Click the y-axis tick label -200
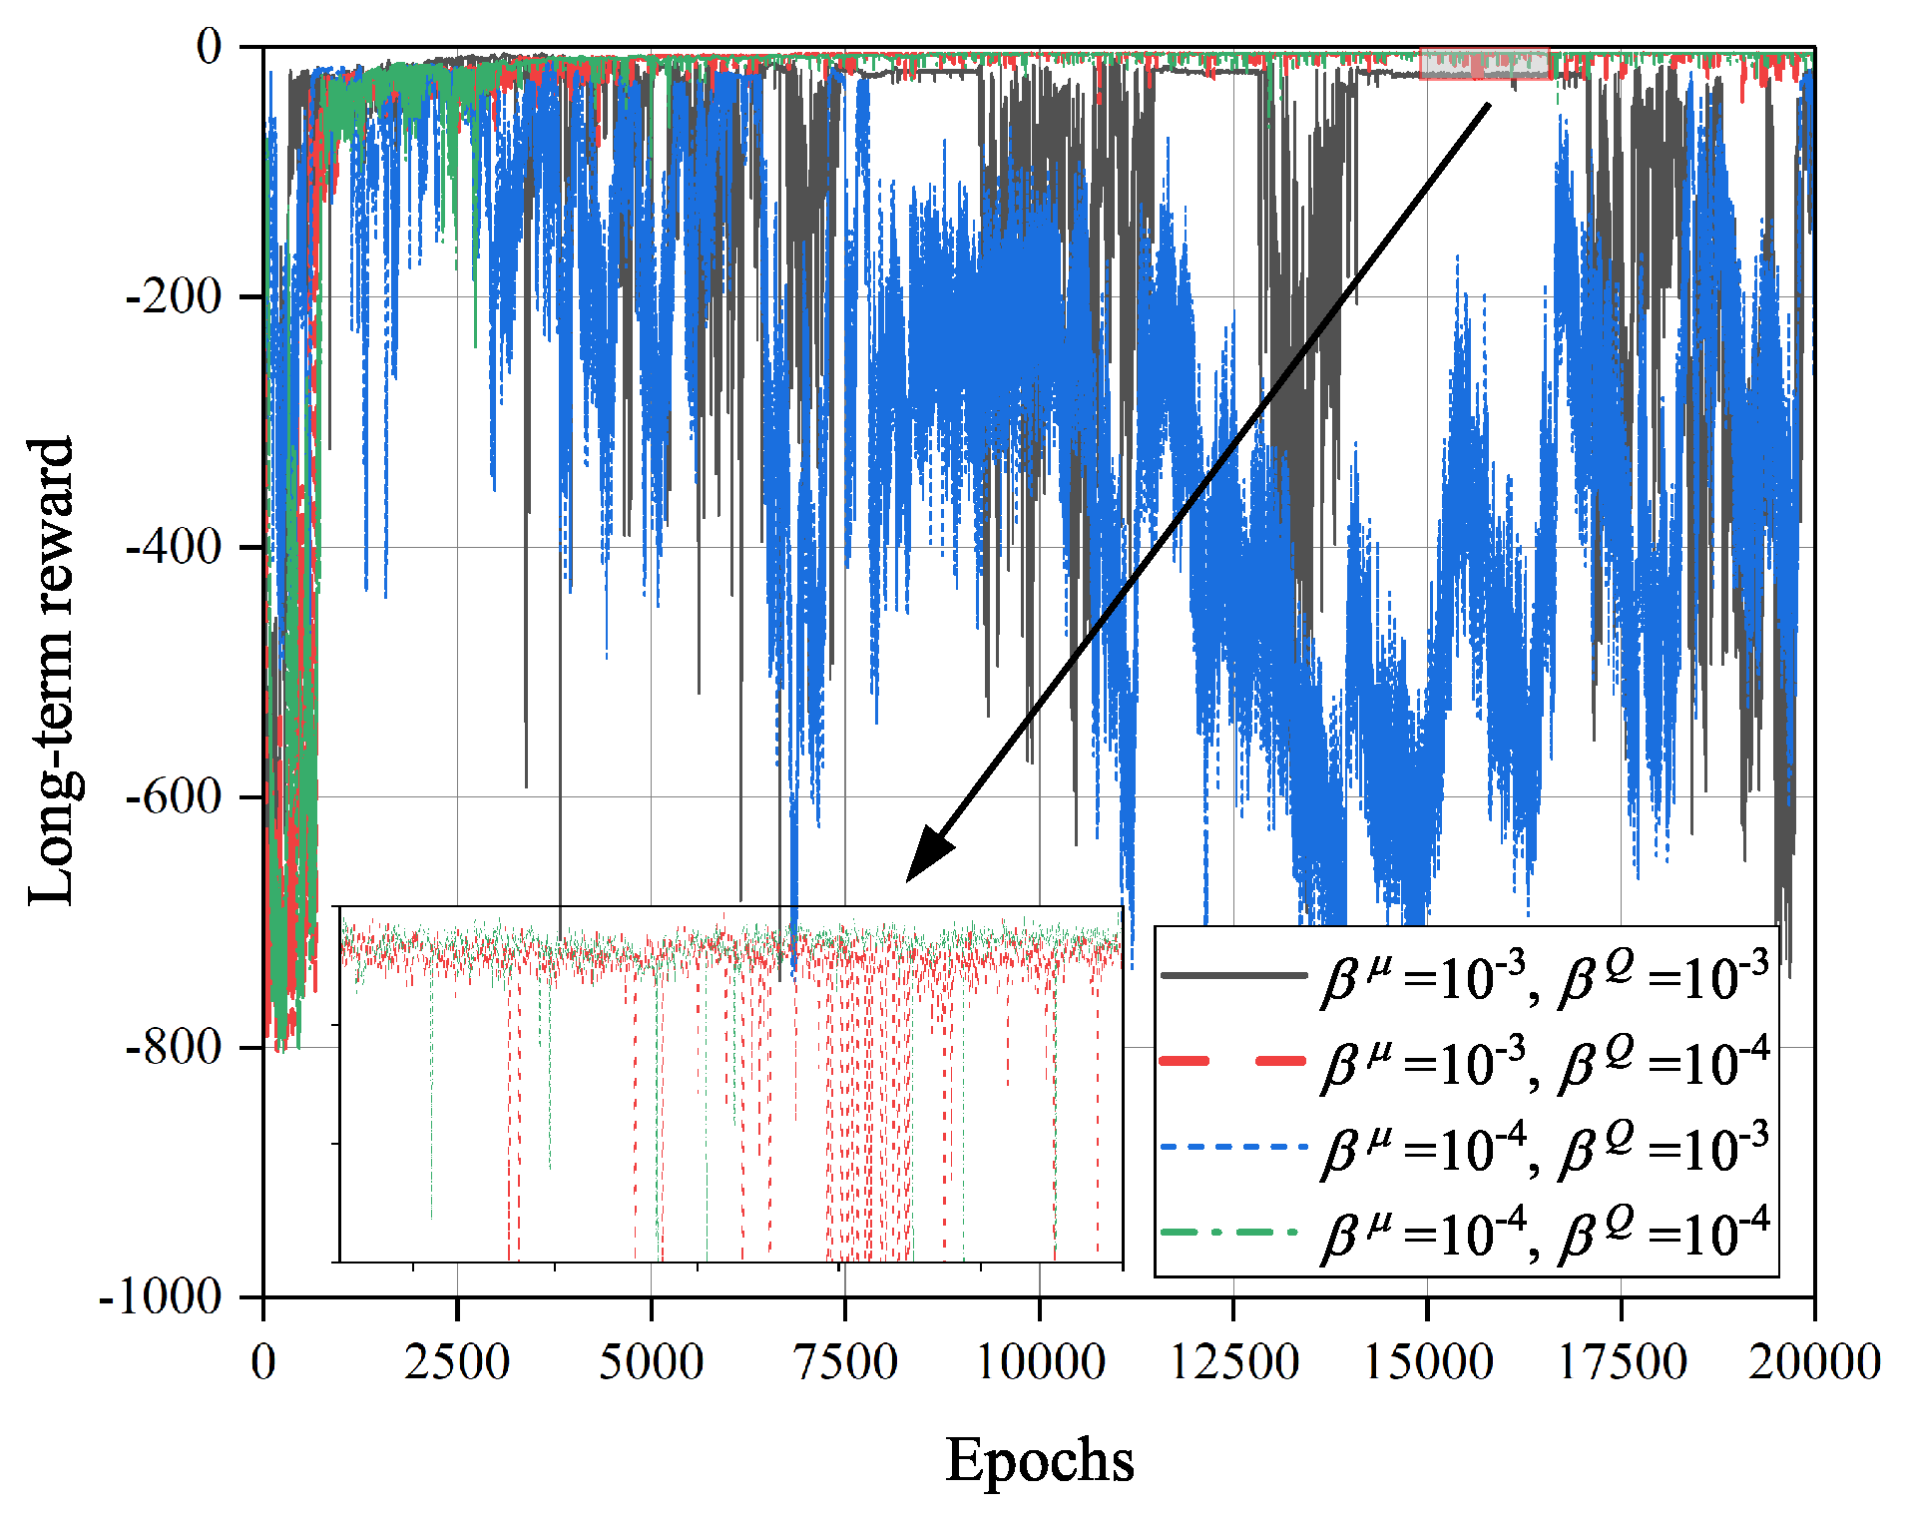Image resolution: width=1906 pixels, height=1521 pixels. [174, 296]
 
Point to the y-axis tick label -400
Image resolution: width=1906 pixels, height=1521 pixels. [174, 547]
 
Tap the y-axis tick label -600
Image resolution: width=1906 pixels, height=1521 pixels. [174, 796]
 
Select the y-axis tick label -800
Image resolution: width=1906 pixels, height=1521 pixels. [174, 1047]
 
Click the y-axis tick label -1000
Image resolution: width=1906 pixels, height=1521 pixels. [161, 1297]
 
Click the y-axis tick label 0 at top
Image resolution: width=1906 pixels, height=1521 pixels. [210, 46]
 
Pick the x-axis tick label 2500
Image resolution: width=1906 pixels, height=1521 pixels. [457, 1361]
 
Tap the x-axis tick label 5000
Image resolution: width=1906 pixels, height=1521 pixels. [651, 1361]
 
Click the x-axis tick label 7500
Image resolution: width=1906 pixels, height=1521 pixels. [845, 1361]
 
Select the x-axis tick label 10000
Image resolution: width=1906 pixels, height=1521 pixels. [1039, 1361]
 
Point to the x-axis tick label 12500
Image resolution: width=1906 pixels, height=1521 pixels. [1233, 1361]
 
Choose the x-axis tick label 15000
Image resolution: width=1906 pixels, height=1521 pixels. [1427, 1361]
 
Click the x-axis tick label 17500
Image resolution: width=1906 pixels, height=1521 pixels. [1621, 1361]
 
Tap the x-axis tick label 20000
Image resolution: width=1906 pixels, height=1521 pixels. [1813, 1361]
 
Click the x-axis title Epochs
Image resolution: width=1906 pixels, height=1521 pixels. [1039, 1461]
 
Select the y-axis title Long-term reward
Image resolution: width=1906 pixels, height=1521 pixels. [52, 671]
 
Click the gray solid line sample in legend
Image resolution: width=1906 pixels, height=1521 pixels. [1233, 975]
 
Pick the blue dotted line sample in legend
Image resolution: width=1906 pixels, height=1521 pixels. [1233, 1147]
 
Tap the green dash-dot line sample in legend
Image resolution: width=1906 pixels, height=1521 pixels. [1233, 1233]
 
